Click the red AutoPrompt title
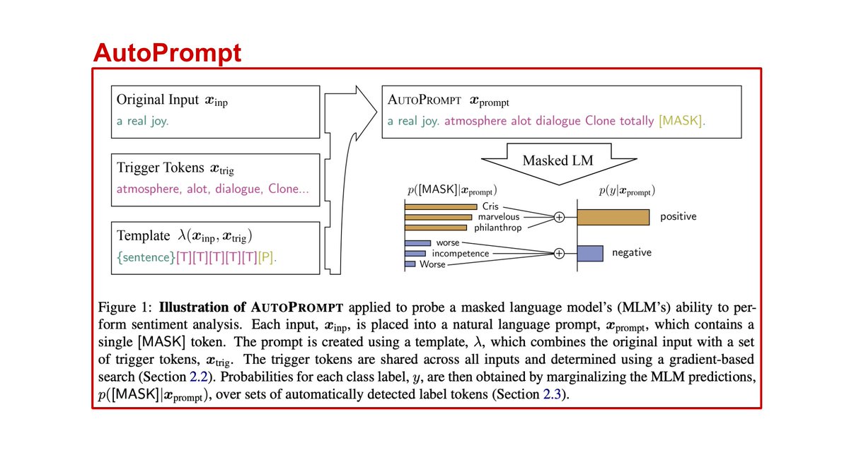point(168,52)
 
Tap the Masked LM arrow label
point(558,160)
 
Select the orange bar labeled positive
point(613,217)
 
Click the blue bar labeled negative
point(590,252)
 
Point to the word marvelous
point(499,216)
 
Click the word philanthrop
point(499,228)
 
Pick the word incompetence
point(460,253)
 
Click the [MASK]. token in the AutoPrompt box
point(681,121)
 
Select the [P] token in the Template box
point(265,257)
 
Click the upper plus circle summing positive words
point(559,217)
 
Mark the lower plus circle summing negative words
point(559,253)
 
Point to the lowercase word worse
point(448,242)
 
